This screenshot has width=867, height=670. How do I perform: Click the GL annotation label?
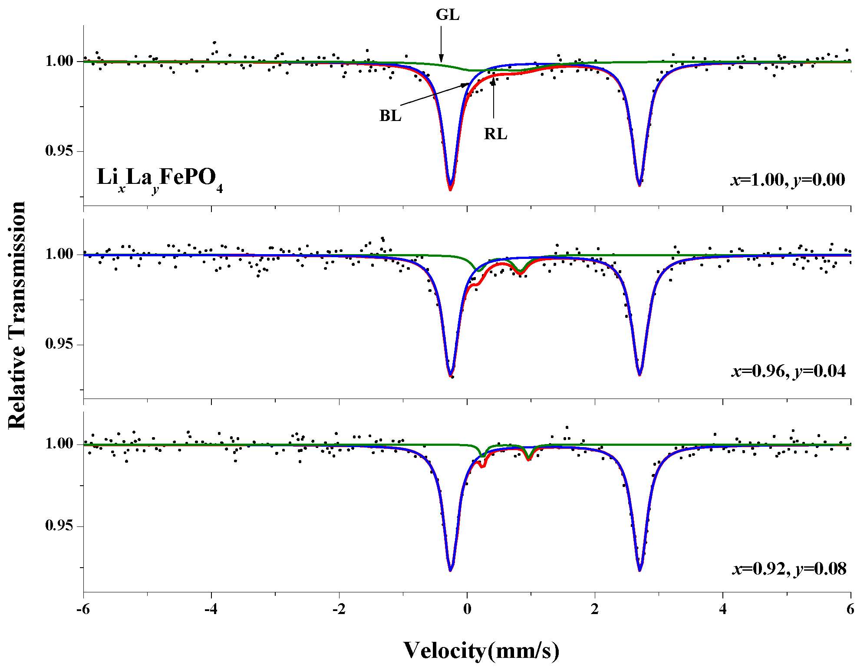(x=447, y=15)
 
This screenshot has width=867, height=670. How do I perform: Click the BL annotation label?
(x=390, y=116)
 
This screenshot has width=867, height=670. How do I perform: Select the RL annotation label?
(x=495, y=134)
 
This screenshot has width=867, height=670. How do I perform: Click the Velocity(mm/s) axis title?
(x=481, y=650)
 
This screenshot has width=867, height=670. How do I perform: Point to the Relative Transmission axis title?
(x=17, y=315)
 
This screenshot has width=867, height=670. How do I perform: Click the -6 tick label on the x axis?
(x=83, y=609)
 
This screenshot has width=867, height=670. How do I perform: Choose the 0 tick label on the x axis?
(x=467, y=609)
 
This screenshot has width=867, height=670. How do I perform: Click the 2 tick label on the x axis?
(x=595, y=609)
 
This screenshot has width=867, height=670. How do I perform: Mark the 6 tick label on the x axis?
(x=850, y=609)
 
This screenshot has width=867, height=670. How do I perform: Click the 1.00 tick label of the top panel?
(x=59, y=61)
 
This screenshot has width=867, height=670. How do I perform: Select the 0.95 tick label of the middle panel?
(x=59, y=344)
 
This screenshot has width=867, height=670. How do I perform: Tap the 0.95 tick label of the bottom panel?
(x=59, y=526)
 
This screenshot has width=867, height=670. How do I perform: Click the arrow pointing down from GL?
(x=441, y=43)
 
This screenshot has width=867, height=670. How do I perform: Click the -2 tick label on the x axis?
(x=339, y=609)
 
